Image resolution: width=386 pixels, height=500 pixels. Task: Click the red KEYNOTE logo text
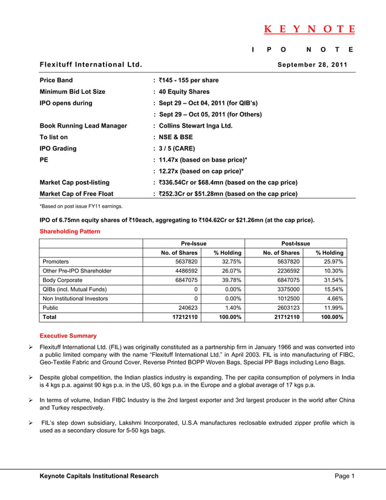tap(309, 29)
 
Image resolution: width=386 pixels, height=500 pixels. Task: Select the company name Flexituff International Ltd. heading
tap(91, 64)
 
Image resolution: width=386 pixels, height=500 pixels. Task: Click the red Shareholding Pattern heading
tap(70, 231)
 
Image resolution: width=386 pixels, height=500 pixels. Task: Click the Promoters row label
tap(56, 262)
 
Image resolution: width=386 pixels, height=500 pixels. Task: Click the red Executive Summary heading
tap(68, 335)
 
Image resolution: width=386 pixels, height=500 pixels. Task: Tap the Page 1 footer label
tap(344, 476)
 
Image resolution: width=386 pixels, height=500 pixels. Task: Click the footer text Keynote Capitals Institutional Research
tap(99, 476)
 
